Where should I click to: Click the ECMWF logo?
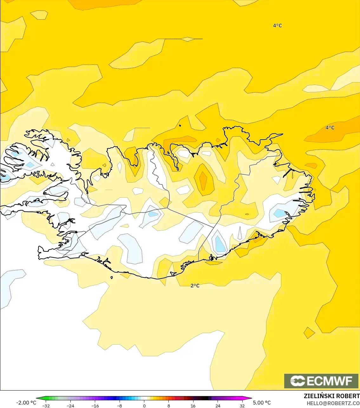point(321,381)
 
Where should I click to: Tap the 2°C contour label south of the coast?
point(195,286)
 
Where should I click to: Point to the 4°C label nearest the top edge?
point(278,26)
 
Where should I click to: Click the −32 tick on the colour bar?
point(46,405)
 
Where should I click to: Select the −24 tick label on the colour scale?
point(70,405)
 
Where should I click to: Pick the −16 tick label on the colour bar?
point(95,405)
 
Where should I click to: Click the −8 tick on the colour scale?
point(119,405)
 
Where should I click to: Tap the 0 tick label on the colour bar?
point(144,405)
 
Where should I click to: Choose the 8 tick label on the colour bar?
point(168,405)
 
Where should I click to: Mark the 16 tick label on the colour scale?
point(193,405)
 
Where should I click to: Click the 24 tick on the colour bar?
point(218,405)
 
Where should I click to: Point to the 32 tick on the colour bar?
point(242,405)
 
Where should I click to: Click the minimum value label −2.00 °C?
point(26,403)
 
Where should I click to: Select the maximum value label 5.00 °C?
point(262,403)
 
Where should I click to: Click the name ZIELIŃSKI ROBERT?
point(332,396)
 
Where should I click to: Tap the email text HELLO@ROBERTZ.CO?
point(333,404)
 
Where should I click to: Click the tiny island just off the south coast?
point(112,278)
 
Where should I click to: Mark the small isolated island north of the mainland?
point(180,126)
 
